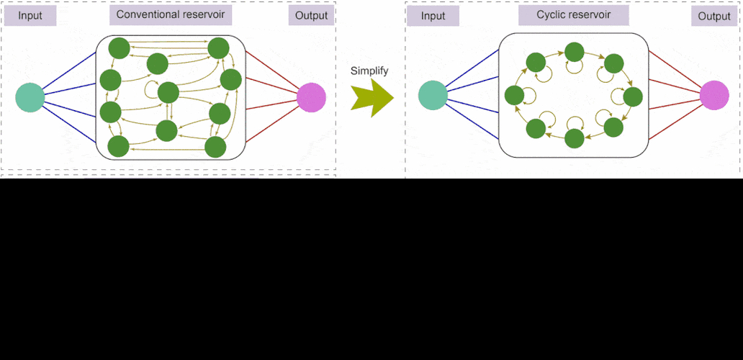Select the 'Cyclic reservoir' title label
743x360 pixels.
[x=573, y=15]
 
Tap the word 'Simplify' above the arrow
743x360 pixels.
[x=369, y=71]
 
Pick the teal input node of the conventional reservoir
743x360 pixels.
[x=30, y=97]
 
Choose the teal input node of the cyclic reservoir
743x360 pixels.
[x=432, y=96]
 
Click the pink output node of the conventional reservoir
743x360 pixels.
[x=311, y=97]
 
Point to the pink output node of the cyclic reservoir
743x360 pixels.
[x=713, y=96]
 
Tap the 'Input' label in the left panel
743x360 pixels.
[x=30, y=15]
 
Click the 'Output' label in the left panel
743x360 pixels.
[x=311, y=15]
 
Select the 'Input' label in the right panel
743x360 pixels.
[x=433, y=15]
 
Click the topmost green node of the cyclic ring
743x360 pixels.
[x=574, y=52]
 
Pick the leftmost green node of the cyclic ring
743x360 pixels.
[x=514, y=95]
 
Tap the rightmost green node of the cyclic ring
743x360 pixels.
[x=632, y=96]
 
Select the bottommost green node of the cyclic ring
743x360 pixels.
[x=574, y=138]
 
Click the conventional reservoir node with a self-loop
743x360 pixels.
[x=168, y=92]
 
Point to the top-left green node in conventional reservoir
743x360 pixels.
[x=119, y=48]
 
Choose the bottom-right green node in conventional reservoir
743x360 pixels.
[x=216, y=147]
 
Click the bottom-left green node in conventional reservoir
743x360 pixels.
[x=118, y=146]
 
